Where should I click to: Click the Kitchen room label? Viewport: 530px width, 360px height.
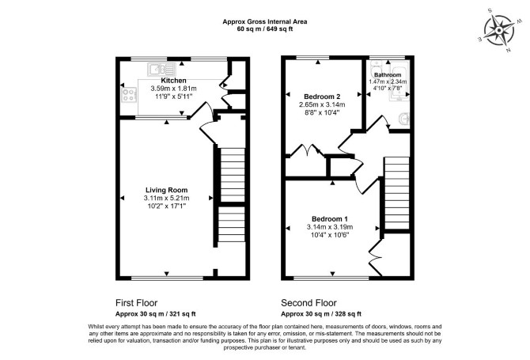coord(173,81)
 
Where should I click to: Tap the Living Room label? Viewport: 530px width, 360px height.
coord(167,190)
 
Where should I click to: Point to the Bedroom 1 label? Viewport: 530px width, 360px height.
coord(330,219)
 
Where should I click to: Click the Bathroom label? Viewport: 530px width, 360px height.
coord(388,74)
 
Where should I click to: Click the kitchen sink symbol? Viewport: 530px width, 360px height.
coord(161,70)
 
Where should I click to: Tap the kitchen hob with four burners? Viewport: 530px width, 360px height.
coord(129,94)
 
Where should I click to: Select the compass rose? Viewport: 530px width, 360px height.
coord(499,30)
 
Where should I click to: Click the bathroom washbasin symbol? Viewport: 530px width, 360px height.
coord(404,119)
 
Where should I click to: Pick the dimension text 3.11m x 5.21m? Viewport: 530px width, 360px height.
coord(167,198)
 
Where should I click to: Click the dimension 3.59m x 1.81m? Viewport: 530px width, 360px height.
coord(173,89)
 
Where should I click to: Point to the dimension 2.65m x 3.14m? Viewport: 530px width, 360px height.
coord(322,104)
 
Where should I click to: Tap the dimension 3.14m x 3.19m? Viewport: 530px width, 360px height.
coord(330,227)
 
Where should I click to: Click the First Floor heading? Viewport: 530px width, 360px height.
coord(137,303)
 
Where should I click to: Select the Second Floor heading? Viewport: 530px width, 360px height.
coord(309,303)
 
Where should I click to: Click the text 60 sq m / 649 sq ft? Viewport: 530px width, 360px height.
coord(265,29)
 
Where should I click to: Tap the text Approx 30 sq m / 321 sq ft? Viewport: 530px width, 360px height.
coord(156,314)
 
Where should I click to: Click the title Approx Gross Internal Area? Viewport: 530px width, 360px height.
coord(265,21)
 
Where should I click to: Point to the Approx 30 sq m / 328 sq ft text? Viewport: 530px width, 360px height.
coord(321,314)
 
